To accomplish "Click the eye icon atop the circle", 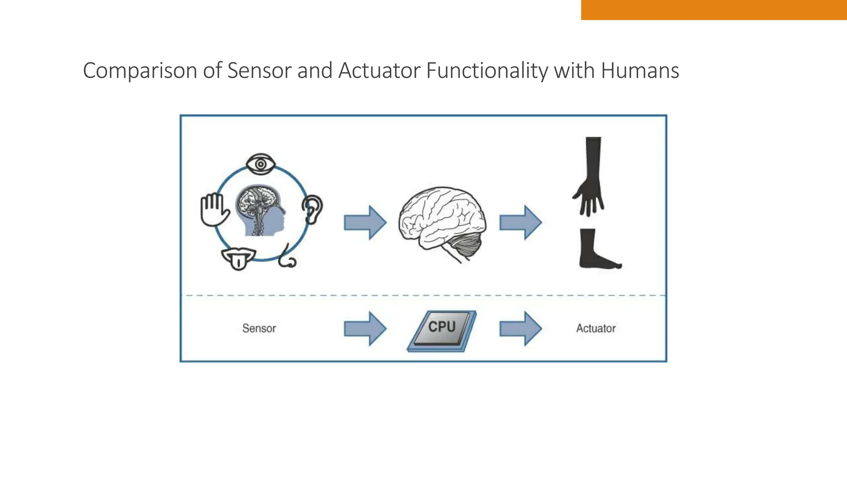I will pyautogui.click(x=261, y=164).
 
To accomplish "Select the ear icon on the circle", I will pyautogui.click(x=312, y=209).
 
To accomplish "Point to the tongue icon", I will pyautogui.click(x=238, y=258).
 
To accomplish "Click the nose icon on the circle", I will pyautogui.click(x=287, y=258).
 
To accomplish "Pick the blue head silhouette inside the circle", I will pyautogui.click(x=261, y=211).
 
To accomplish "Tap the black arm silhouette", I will pyautogui.click(x=590, y=176).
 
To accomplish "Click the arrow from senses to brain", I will pyautogui.click(x=365, y=223).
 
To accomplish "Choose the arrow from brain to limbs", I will pyautogui.click(x=520, y=222).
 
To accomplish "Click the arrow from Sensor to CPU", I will pyautogui.click(x=365, y=329).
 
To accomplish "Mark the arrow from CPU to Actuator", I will pyautogui.click(x=520, y=329).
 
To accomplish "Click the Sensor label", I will pyautogui.click(x=259, y=328).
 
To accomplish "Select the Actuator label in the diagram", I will pyautogui.click(x=596, y=328).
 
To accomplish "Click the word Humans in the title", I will pyautogui.click(x=640, y=70).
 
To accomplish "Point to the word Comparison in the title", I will pyautogui.click(x=140, y=70).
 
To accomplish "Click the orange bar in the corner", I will pyautogui.click(x=714, y=10).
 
